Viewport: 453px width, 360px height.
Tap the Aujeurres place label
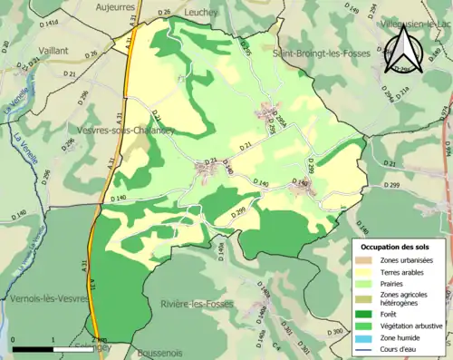tap(117, 6)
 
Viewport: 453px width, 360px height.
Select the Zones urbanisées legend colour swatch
tap(364, 260)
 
